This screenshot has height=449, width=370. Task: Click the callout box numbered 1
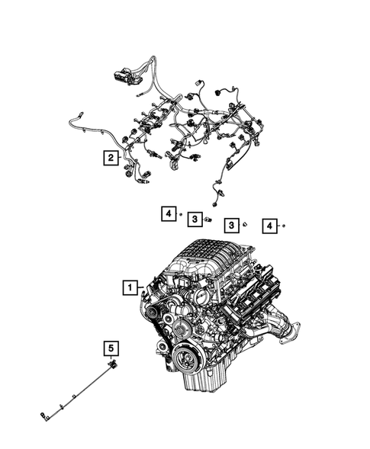click(131, 288)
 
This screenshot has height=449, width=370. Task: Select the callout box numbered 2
click(111, 158)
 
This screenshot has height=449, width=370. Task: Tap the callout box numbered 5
click(111, 348)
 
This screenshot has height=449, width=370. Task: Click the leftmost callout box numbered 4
click(167, 214)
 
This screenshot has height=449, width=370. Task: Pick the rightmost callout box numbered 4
click(269, 225)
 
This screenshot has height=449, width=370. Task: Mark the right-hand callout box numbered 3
click(230, 225)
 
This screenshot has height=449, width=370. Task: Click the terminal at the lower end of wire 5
click(44, 416)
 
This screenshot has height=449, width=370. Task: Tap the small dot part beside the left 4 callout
click(181, 215)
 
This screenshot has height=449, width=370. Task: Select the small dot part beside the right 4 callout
click(284, 226)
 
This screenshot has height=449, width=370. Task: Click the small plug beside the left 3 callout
click(208, 220)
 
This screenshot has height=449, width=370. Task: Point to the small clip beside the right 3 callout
click(244, 225)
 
